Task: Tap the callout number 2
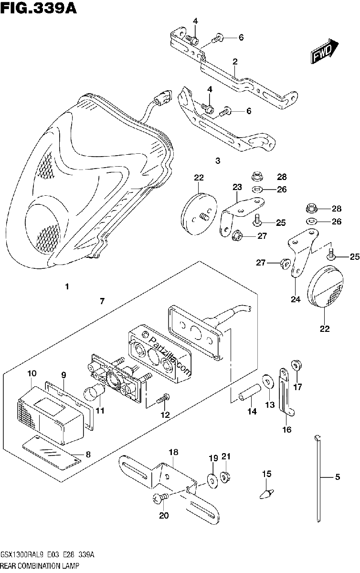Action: tap(235, 62)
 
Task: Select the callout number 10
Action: tap(32, 373)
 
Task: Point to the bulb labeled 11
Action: tap(95, 397)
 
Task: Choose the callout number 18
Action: tap(173, 452)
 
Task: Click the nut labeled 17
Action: tap(296, 365)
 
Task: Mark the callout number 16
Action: tap(287, 429)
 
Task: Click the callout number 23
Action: tap(237, 187)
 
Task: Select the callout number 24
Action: tap(296, 299)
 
